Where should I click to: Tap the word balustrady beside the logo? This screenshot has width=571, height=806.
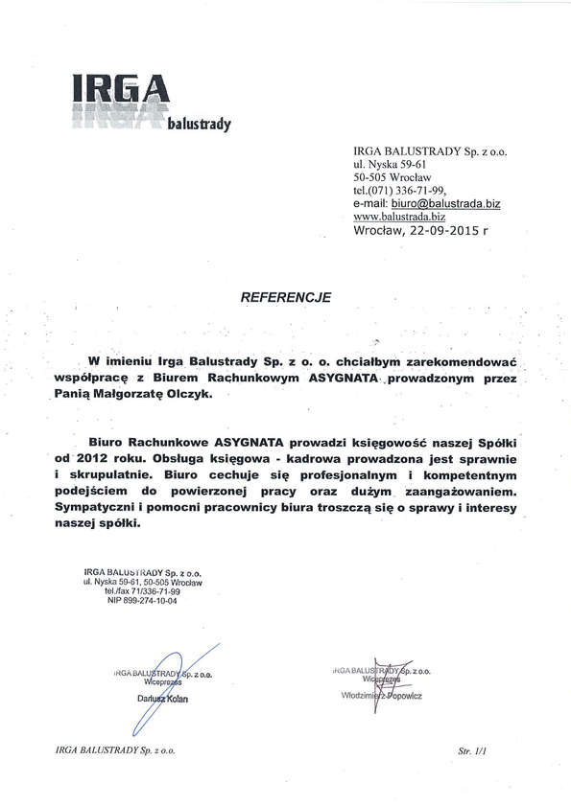point(200,124)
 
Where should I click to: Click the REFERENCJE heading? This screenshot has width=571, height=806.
point(285,297)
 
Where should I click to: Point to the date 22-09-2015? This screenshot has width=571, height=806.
point(440,231)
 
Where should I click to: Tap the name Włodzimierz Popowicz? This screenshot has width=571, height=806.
point(381,696)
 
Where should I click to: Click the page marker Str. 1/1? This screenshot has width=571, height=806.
point(473,752)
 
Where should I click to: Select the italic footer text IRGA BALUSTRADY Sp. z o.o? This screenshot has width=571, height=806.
point(116,752)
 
